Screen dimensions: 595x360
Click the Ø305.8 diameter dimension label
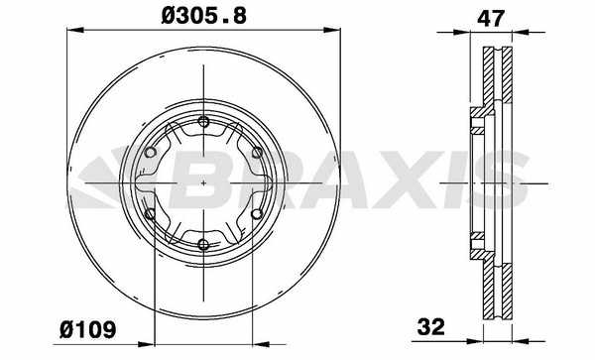[203, 16]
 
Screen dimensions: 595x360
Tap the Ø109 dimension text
[87, 329]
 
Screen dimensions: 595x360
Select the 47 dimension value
[491, 18]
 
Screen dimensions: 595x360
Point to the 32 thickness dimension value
[430, 326]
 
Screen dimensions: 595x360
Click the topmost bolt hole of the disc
[203, 122]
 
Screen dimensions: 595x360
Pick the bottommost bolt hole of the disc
[203, 245]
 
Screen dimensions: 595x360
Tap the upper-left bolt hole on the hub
[151, 153]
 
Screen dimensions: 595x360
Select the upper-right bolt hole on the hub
[257, 153]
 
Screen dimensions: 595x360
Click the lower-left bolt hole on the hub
[151, 214]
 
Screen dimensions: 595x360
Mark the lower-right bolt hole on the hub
[257, 214]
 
